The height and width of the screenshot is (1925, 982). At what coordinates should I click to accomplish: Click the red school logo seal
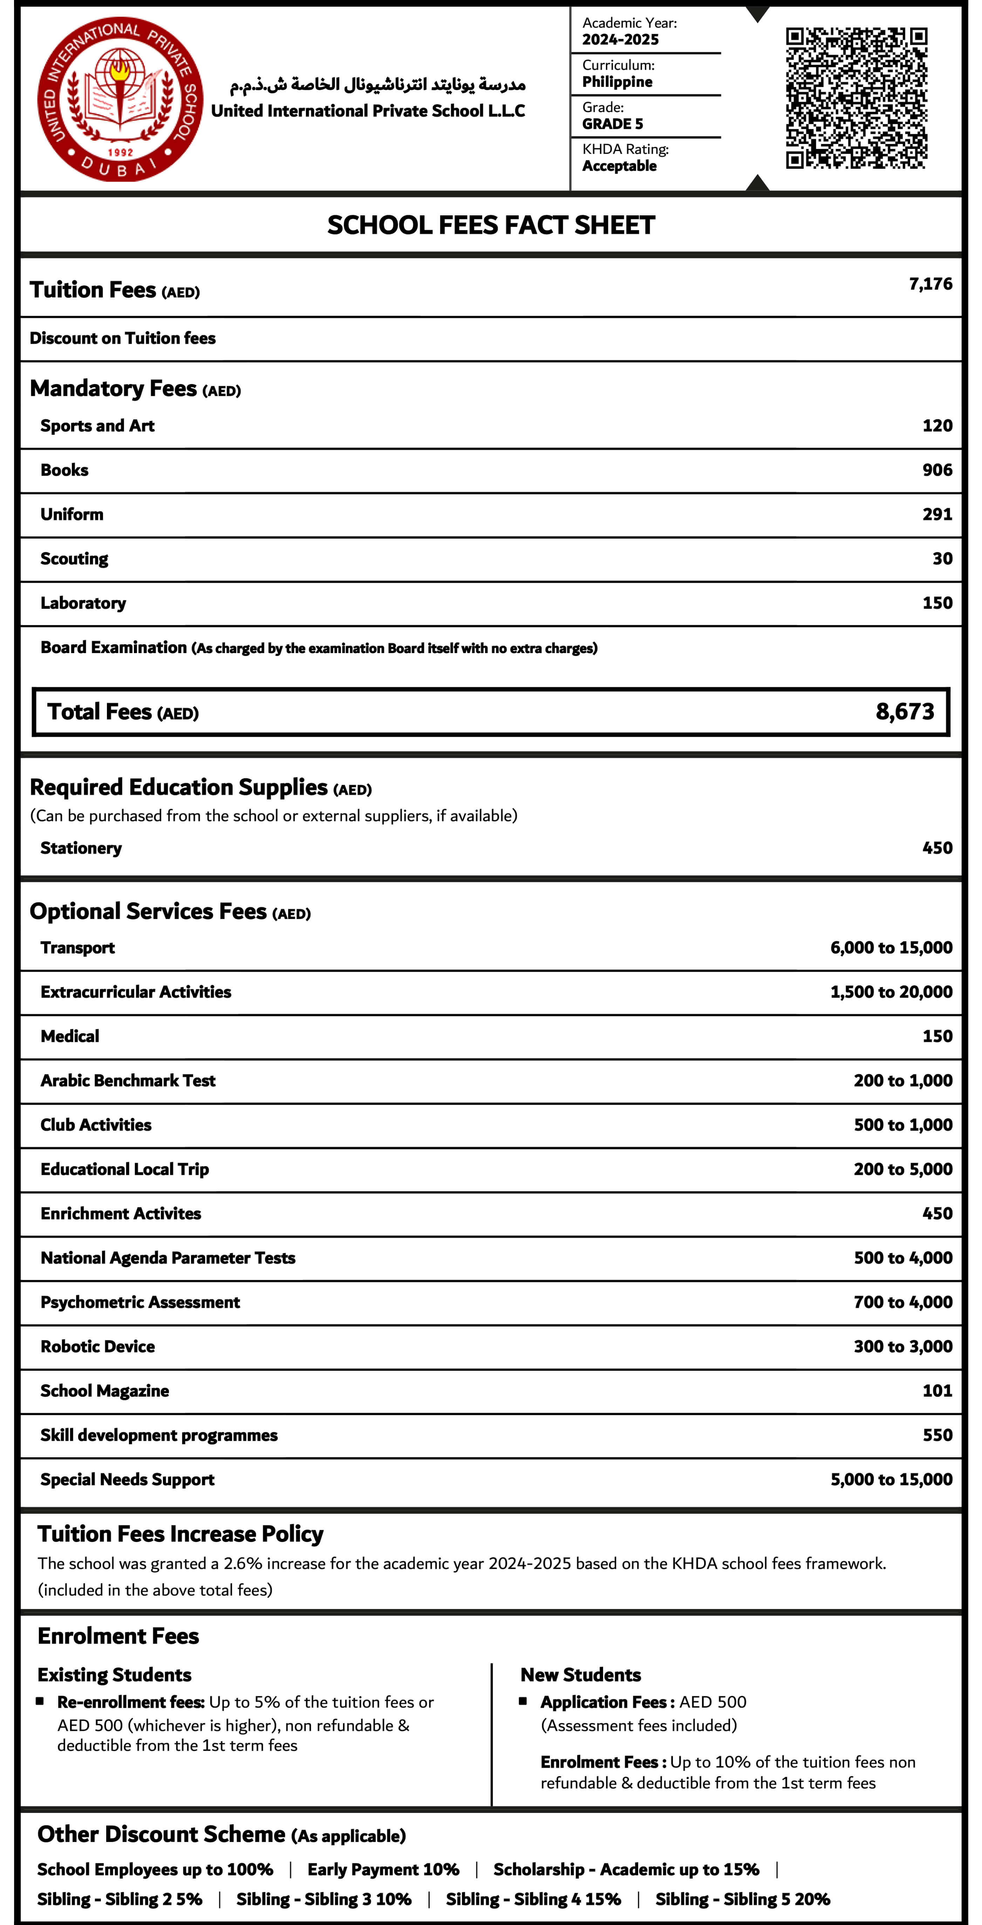(x=120, y=99)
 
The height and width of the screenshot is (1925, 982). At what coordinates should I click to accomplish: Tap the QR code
(x=857, y=98)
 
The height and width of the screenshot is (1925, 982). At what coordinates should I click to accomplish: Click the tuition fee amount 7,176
(x=930, y=284)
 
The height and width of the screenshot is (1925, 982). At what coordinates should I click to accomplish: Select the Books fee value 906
(x=937, y=470)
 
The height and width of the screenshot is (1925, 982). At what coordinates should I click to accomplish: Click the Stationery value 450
(x=937, y=848)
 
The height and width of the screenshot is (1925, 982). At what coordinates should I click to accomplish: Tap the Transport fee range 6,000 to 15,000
(x=891, y=947)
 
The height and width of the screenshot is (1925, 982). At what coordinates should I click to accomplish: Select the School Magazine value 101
(x=937, y=1391)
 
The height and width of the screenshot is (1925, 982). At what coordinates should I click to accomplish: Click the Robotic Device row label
(x=98, y=1347)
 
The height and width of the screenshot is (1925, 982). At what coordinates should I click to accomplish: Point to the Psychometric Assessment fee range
(x=903, y=1302)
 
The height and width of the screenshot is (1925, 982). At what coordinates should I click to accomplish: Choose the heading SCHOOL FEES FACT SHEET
(x=491, y=225)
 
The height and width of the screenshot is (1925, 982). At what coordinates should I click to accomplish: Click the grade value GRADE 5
(x=612, y=124)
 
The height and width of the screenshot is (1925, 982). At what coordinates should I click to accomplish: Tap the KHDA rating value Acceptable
(x=619, y=166)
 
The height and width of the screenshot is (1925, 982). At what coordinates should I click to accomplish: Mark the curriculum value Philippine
(x=617, y=82)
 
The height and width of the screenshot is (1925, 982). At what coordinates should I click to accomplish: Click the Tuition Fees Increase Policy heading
(x=180, y=1534)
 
